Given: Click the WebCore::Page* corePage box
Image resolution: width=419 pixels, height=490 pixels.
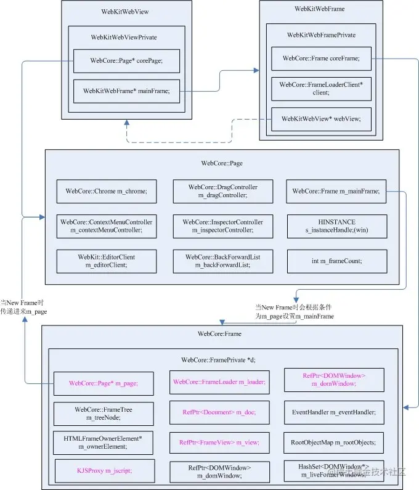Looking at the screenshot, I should tap(126, 60).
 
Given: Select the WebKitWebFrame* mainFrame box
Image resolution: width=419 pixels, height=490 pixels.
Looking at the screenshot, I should tap(126, 91).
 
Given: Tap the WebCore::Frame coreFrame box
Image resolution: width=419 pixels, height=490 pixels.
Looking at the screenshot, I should tap(321, 59).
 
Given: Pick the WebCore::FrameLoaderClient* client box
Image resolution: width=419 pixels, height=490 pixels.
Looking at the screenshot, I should tap(321, 88).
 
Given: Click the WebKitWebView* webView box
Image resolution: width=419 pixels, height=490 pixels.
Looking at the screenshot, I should tap(321, 118).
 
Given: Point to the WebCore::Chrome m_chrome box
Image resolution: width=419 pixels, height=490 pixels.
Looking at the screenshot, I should tap(107, 191).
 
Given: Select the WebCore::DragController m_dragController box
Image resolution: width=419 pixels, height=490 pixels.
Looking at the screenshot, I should tap(222, 191).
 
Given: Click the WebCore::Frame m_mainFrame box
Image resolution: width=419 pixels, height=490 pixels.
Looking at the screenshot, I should tap(336, 191).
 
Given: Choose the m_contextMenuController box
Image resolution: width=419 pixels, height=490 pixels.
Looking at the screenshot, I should tap(107, 226).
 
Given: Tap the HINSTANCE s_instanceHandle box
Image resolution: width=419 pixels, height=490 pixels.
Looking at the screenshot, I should tap(336, 226).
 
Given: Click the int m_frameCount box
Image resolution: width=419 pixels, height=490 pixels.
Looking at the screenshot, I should tap(336, 261).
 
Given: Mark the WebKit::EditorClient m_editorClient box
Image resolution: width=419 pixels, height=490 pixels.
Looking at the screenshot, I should tap(107, 261).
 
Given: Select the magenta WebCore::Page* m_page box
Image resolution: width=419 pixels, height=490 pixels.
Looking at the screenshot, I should tap(104, 383).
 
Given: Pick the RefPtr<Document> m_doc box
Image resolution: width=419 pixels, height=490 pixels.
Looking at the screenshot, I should tap(219, 412).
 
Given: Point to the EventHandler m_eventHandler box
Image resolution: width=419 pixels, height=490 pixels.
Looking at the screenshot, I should tap(333, 412).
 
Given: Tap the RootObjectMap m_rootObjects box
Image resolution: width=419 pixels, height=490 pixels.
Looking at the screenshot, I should tap(333, 442).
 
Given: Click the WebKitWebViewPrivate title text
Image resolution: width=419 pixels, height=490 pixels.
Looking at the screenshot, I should tap(124, 37).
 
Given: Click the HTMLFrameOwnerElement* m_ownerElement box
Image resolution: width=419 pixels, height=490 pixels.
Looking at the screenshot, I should tap(104, 442).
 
